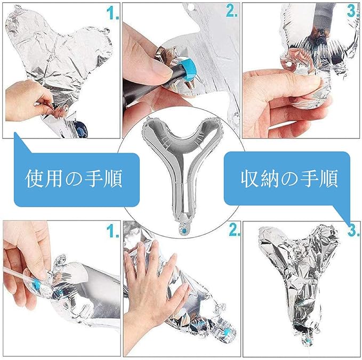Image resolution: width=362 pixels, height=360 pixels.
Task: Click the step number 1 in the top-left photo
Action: click(x=112, y=13)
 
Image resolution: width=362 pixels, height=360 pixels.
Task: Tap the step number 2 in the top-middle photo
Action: click(x=231, y=10)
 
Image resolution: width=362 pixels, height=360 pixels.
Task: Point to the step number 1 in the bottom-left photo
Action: click(x=112, y=231)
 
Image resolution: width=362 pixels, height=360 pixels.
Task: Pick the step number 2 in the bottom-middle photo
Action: click(x=235, y=230)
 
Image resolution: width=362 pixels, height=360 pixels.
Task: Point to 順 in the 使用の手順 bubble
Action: click(x=112, y=179)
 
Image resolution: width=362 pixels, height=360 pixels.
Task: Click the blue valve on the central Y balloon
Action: click(x=184, y=231)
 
